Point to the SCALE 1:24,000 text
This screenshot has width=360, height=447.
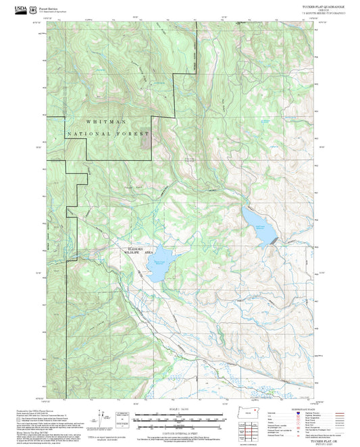tap(180, 409)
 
